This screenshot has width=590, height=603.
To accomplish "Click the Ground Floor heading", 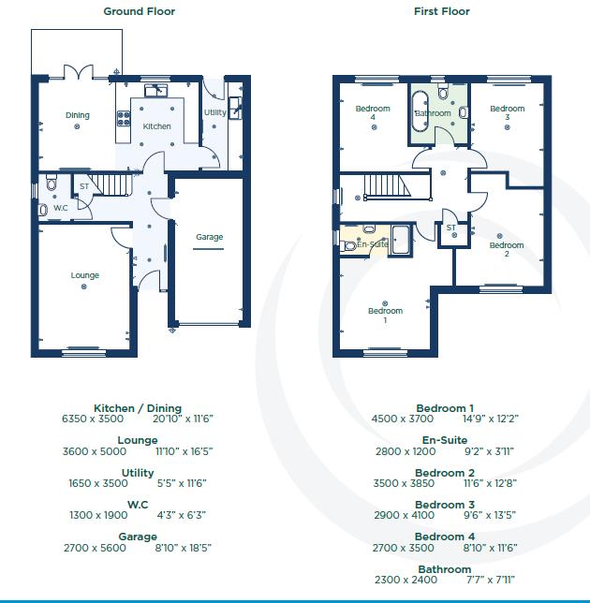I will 139,12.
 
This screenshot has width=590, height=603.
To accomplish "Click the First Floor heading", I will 441,12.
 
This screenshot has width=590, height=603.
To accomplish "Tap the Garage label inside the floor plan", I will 209,237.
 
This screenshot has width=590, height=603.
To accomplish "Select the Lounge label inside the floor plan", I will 84,275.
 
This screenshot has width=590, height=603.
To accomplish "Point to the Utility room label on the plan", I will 214,113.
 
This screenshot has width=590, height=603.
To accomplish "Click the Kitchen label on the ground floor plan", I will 156,126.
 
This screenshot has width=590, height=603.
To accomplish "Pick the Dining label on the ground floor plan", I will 78,116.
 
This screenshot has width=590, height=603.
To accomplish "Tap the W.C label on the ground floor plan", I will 60,208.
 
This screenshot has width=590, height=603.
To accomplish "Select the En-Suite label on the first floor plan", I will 372,244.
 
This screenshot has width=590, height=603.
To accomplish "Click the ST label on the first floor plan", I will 450,228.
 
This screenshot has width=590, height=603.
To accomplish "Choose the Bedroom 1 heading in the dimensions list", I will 445,408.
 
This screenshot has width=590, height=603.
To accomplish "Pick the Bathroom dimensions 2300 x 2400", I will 405,581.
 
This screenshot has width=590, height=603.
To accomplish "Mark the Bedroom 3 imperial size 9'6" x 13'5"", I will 488,516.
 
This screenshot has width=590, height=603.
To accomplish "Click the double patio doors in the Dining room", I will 79,72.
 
